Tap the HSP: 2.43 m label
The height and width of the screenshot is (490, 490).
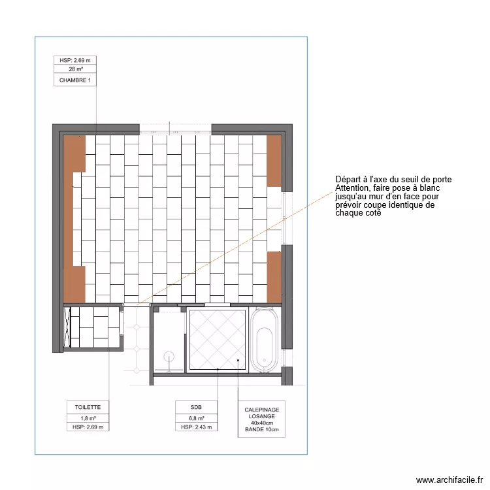(196, 427)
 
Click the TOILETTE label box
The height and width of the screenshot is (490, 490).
(88, 407)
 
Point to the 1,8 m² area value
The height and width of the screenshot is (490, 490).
(88, 417)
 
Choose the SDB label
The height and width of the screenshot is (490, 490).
(196, 407)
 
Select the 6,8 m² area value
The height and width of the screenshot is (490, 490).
(196, 417)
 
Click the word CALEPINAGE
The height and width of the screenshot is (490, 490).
(261, 409)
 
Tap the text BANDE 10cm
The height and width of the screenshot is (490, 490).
(261, 430)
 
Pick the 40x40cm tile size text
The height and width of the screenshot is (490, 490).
(261, 423)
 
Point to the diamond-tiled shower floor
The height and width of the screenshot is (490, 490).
(218, 340)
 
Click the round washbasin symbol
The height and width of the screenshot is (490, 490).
(169, 357)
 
